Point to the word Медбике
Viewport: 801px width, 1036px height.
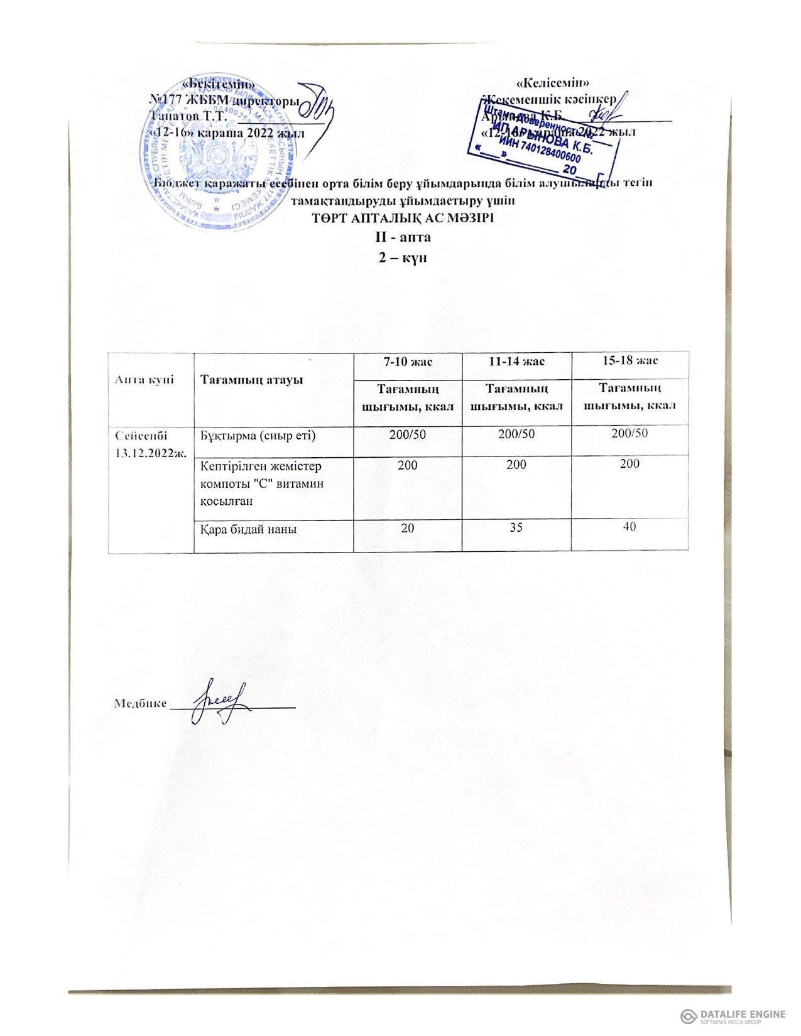coord(140,704)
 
